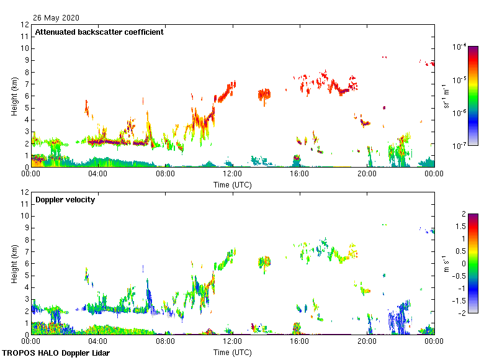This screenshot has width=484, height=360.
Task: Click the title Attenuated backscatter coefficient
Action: coord(99,32)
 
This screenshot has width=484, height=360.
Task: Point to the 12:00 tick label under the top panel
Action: coord(233,175)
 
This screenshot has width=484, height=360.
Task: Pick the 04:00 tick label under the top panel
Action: coord(98,175)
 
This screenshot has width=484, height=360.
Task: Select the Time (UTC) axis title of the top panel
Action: coord(233,184)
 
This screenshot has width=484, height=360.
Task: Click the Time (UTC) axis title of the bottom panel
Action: coord(233,352)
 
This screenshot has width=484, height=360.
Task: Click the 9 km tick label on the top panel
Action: coord(26,60)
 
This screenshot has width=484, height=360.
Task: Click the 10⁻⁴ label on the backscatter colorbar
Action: coord(460,47)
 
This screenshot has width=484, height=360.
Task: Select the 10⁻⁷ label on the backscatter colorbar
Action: coord(460,145)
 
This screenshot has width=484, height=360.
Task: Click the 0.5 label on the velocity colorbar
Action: coord(457,251)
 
